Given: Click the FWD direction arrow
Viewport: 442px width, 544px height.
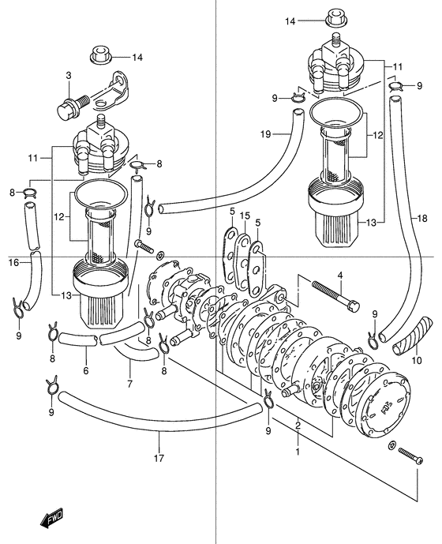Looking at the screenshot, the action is pos(51,520).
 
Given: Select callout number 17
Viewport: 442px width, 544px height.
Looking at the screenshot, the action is pos(159,458).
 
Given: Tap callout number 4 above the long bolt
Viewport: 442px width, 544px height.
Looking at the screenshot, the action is pos(340,276).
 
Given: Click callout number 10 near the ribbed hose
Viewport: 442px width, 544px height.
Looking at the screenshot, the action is pos(417,361).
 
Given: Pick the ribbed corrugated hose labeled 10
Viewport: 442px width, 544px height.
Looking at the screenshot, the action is pos(413,336).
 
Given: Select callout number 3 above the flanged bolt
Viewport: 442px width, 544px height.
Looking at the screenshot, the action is pos(69,76).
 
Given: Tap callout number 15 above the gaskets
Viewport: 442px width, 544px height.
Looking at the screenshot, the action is pos(245,216).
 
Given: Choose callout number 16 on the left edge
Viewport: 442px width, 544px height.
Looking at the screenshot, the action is pos(13,263).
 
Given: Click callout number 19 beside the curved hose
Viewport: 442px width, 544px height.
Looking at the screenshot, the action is pos(265,134).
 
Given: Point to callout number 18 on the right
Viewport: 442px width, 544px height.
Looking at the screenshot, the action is pos(422,218).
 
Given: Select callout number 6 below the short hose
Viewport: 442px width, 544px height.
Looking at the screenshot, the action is pos(86,370).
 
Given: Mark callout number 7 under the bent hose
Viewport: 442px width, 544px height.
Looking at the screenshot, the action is pos(129,384).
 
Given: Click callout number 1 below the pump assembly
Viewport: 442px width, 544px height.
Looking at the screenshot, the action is pos(298,452).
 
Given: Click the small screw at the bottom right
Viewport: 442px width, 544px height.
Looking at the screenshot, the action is pos(410,455).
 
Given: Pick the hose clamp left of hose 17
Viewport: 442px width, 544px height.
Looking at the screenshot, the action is pos(51,387).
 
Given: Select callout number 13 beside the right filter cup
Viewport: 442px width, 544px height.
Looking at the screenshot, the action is pos(371,223).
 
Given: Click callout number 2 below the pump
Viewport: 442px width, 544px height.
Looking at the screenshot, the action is pos(298,426).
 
